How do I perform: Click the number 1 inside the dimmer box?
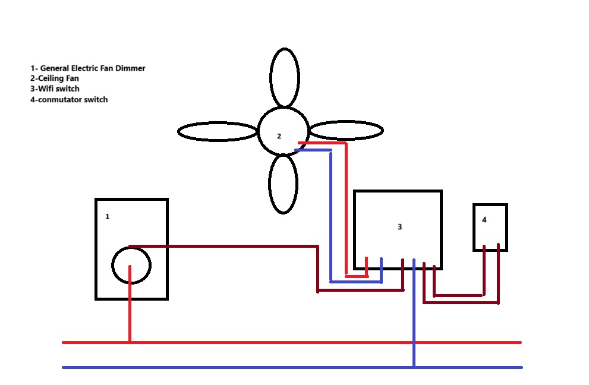coord(108,216)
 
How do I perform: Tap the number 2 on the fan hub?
coord(279,136)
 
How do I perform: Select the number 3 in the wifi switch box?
coord(399,227)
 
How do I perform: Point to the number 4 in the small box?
coord(484,220)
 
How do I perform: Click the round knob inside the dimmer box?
coord(112,265)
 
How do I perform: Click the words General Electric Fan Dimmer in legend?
coord(93,68)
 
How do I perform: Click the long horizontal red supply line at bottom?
coord(292,343)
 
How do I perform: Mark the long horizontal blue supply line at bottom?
coord(292,367)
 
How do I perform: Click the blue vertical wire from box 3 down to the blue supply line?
coord(414,313)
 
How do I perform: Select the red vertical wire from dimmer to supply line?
coord(130,304)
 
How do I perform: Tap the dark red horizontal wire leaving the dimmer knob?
coord(224,247)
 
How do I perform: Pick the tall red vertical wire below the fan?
coord(347,209)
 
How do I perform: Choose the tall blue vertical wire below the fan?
coord(331,216)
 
